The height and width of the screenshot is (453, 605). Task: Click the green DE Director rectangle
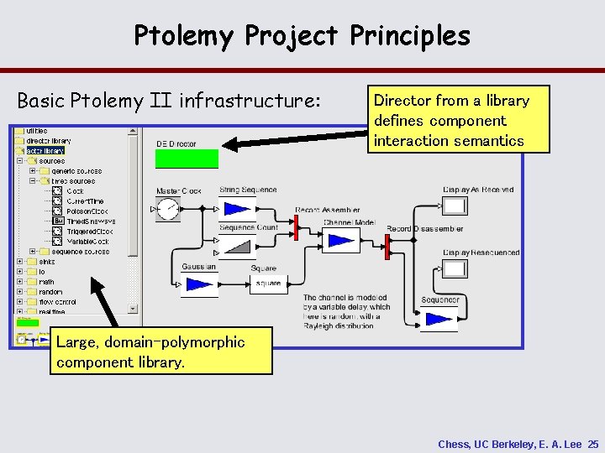pyautogui.click(x=187, y=159)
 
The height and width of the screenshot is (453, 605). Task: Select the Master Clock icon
pyautogui.click(x=169, y=209)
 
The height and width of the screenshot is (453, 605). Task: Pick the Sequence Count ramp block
pyautogui.click(x=236, y=244)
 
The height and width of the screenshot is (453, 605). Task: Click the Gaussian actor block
pyautogui.click(x=198, y=284)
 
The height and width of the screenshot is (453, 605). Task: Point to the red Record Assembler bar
pyautogui.click(x=297, y=226)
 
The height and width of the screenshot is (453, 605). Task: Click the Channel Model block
pyautogui.click(x=342, y=241)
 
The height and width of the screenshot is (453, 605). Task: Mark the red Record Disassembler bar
pyautogui.click(x=387, y=247)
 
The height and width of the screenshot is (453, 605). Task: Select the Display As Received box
pyautogui.click(x=455, y=206)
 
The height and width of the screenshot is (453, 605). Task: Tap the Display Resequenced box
pyautogui.click(x=455, y=269)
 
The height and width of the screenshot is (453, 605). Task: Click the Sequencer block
pyautogui.click(x=439, y=318)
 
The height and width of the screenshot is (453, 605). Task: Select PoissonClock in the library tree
pyautogui.click(x=89, y=211)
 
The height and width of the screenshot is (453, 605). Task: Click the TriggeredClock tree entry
pyautogui.click(x=89, y=231)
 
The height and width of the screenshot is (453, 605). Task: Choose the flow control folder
pyautogui.click(x=57, y=302)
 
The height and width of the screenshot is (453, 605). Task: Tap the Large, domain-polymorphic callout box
pyautogui.click(x=161, y=352)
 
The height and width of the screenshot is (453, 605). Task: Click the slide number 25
pyautogui.click(x=593, y=444)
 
